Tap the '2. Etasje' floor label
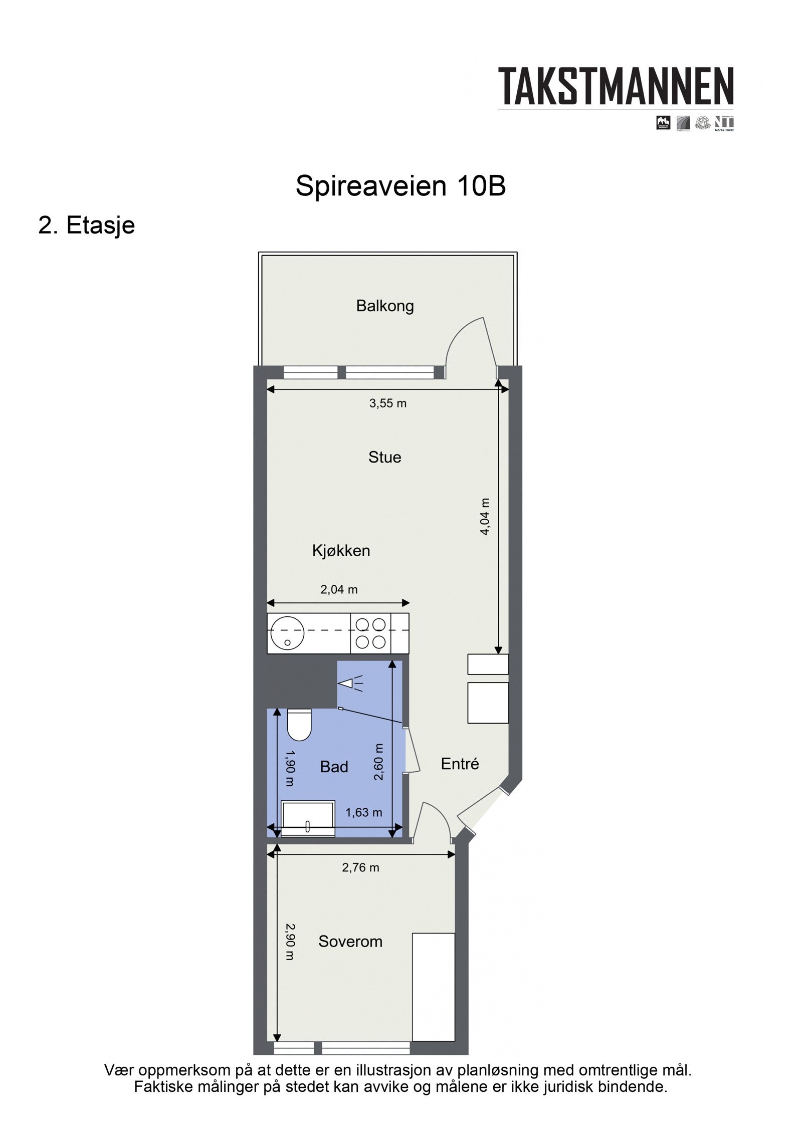[x=87, y=225]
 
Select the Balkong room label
[x=384, y=306]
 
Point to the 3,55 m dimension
[x=387, y=403]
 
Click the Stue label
[x=384, y=457]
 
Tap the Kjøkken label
[x=341, y=551]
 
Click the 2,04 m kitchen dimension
[x=339, y=590]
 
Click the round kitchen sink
[x=287, y=633]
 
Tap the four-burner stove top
[x=370, y=633]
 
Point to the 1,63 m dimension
[x=363, y=812]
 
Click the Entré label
[x=460, y=764]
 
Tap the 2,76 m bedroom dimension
[x=360, y=867]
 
